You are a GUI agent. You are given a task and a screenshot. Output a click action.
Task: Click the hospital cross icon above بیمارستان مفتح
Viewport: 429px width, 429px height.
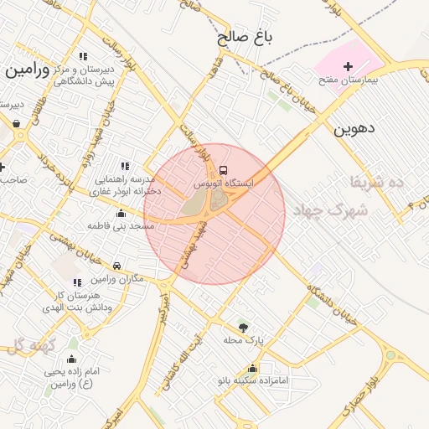point(349,66)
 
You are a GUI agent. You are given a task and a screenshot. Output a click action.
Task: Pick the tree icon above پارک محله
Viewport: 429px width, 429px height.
point(244,328)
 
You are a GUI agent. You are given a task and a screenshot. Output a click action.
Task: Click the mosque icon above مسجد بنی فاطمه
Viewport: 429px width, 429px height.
point(121,214)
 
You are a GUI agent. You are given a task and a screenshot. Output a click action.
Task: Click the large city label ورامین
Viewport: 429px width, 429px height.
point(24,70)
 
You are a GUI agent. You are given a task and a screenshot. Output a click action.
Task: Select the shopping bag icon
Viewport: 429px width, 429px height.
point(17,123)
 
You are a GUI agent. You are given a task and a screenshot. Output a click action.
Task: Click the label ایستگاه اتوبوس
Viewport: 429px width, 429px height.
point(224,182)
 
